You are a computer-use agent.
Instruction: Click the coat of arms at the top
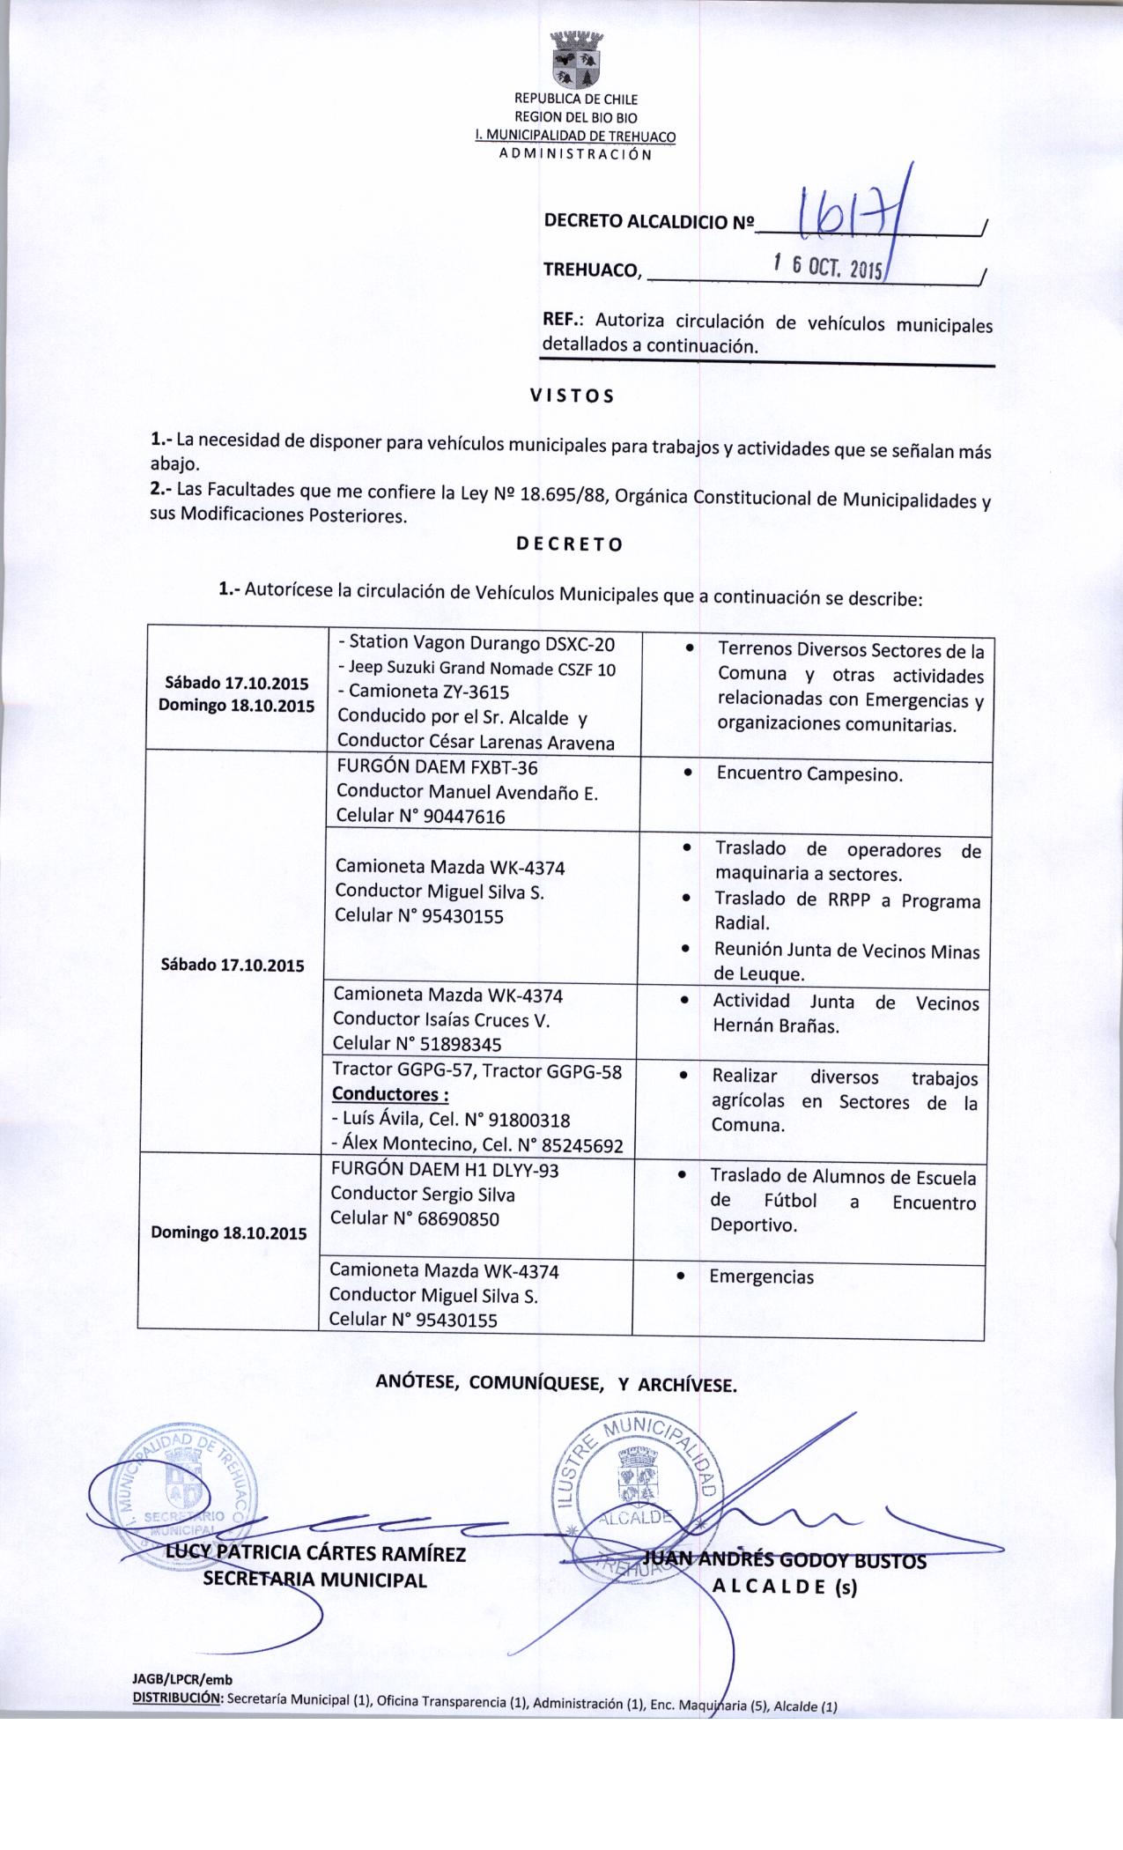[x=575, y=62]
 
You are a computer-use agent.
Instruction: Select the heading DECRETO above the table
[x=569, y=544]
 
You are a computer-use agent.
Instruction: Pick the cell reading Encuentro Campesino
[x=809, y=774]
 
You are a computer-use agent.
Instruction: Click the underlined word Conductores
[x=390, y=1095]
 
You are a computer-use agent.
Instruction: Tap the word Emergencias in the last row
[x=761, y=1276]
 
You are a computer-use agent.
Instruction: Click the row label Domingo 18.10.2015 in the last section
[x=229, y=1232]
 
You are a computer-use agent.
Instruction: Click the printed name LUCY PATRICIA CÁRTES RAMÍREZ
[x=315, y=1553]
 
